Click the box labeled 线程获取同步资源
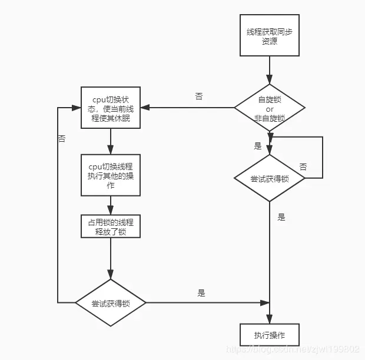pyautogui.click(x=270, y=36)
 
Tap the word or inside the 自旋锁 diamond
pyautogui.click(x=270, y=109)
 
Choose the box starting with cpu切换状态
pyautogui.click(x=111, y=108)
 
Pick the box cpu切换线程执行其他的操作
pyautogui.click(x=111, y=175)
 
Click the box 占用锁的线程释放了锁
pyautogui.click(x=111, y=226)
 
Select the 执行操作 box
pyautogui.click(x=270, y=335)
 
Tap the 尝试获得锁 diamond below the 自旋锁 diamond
pyautogui.click(x=270, y=178)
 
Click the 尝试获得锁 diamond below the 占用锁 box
pyautogui.click(x=111, y=303)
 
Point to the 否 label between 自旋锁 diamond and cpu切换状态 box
pyautogui.click(x=199, y=96)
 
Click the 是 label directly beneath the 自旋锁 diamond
pyautogui.click(x=257, y=145)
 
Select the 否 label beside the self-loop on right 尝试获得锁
pyautogui.click(x=303, y=167)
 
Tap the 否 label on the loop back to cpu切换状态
pyautogui.click(x=62, y=139)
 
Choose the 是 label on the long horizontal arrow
pyautogui.click(x=201, y=293)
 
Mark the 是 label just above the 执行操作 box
pyautogui.click(x=281, y=217)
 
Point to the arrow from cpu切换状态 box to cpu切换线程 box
pyautogui.click(x=111, y=141)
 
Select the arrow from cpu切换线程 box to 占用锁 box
pyautogui.click(x=111, y=205)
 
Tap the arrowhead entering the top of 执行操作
pyautogui.click(x=270, y=319)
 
